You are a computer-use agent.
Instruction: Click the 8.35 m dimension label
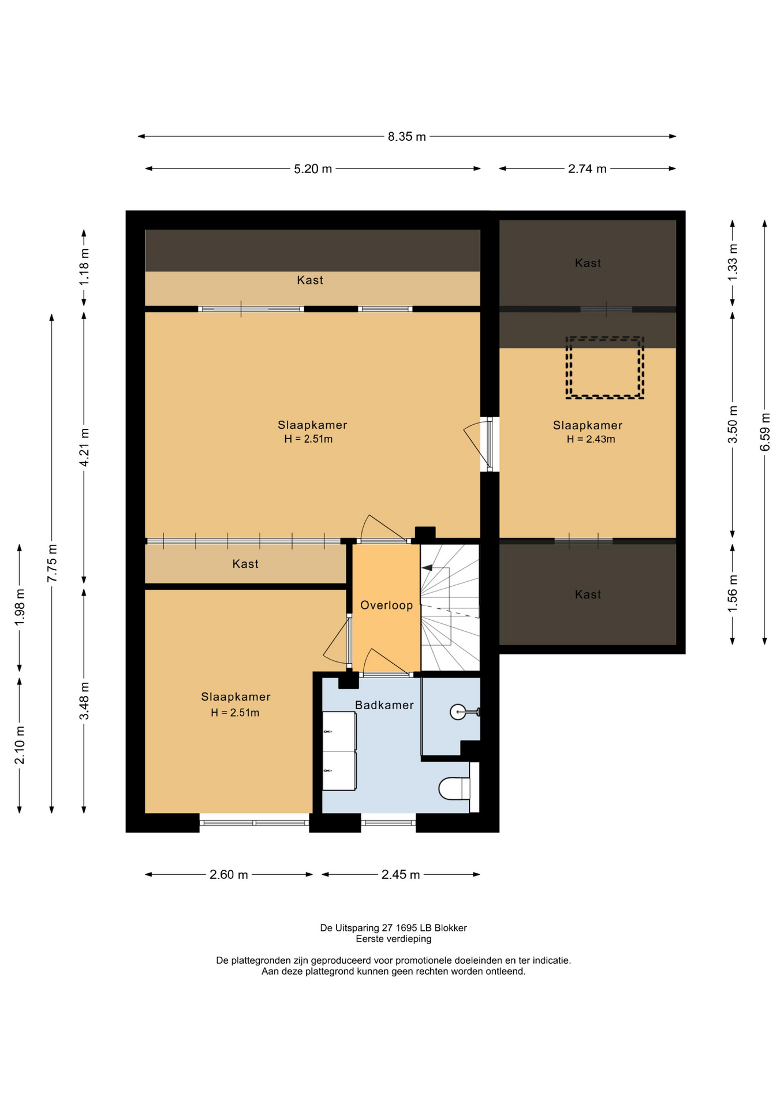point(406,137)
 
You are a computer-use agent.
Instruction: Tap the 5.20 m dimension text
point(313,169)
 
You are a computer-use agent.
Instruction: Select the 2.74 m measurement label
point(587,169)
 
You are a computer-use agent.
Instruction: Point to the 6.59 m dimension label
point(765,432)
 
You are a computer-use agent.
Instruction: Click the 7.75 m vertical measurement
point(52,563)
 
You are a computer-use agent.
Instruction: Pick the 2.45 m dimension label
point(401,875)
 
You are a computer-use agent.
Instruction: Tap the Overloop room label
point(387,605)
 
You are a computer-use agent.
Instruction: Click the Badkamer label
point(384,705)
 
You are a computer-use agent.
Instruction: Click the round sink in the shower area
point(458,712)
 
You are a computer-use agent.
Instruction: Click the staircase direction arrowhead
point(427,568)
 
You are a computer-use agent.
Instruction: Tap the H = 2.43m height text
point(591,439)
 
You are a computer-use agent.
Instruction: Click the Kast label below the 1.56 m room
point(588,594)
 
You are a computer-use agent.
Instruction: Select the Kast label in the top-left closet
point(310,280)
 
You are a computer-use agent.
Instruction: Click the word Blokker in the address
point(450,928)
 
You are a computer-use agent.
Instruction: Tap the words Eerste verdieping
point(394,939)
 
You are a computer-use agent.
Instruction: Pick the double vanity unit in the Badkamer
point(339,751)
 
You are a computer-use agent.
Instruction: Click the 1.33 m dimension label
point(733,263)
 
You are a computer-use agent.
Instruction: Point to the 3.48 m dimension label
point(84,701)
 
